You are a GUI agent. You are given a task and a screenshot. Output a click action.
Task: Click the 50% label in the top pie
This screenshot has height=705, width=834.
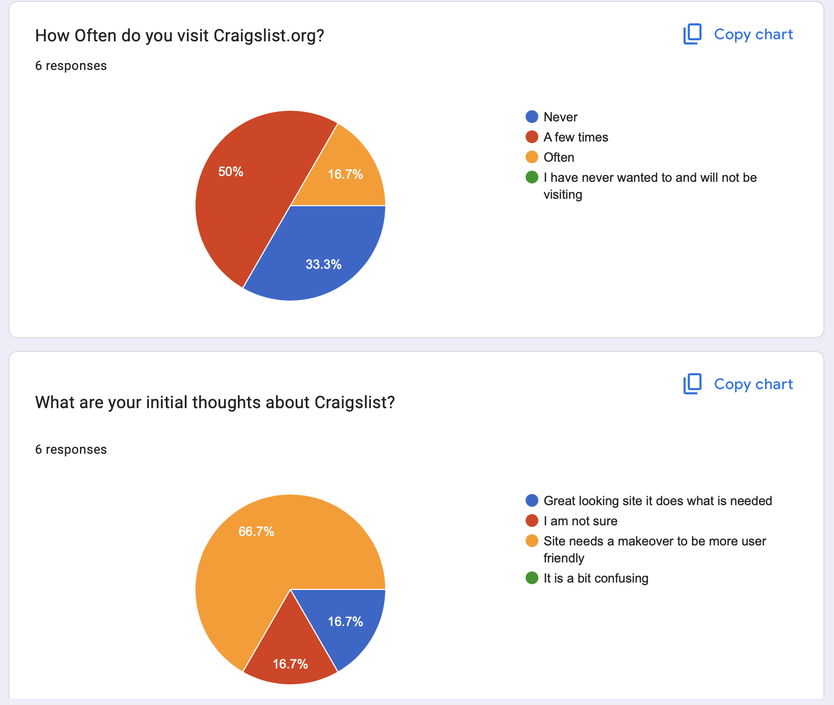[x=230, y=172]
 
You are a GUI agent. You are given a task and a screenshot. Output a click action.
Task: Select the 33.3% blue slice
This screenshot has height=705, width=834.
[x=323, y=264]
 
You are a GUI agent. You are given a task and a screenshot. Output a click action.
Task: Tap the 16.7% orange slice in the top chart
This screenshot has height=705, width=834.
[x=345, y=174]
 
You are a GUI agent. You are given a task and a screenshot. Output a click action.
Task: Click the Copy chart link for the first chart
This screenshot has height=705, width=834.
[x=738, y=34]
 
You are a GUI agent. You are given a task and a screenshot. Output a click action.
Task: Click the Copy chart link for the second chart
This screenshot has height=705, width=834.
[x=738, y=384]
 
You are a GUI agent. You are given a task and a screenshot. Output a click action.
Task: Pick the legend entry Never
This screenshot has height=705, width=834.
[x=560, y=117]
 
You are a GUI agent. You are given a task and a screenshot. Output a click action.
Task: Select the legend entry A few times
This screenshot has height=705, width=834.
[x=575, y=137]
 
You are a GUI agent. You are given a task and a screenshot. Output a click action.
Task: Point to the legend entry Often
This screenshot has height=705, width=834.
[x=558, y=157]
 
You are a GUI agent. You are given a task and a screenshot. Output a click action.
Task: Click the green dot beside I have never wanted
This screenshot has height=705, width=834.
[x=532, y=178]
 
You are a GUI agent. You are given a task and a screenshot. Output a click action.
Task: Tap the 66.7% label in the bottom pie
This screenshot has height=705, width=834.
[x=256, y=532]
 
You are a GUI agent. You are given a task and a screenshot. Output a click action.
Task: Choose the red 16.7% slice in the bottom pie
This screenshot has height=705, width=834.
[x=290, y=664]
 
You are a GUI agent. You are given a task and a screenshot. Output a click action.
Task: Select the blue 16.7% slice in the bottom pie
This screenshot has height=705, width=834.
[x=345, y=621]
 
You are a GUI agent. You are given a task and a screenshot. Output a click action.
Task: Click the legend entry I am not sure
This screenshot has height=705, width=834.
[x=580, y=521]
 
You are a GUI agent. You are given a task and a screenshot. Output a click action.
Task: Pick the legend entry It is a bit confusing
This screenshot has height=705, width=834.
[x=596, y=578]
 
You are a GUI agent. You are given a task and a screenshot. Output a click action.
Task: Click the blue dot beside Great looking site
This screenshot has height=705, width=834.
[x=532, y=501]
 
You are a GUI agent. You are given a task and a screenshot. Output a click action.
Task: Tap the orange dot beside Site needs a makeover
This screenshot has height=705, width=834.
[x=532, y=541]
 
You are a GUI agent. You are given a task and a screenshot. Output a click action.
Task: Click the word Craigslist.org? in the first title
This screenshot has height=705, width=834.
[x=269, y=36]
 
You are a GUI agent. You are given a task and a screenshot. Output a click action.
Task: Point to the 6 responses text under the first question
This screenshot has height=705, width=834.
[x=71, y=66]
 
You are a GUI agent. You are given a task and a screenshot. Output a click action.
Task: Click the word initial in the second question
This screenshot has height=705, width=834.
[x=166, y=402]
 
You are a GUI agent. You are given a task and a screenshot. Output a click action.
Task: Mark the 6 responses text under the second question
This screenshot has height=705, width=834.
[x=71, y=450]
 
